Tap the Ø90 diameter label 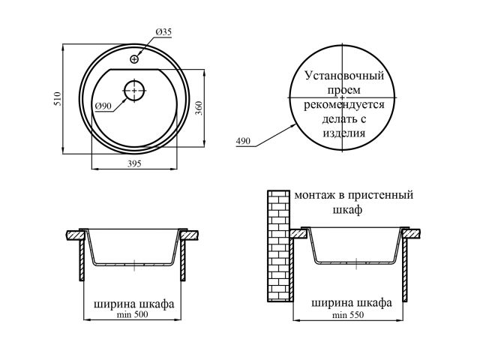(x=103, y=106)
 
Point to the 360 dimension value (x=198, y=108)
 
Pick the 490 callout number (x=243, y=141)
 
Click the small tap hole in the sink (x=134, y=58)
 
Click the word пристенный (x=384, y=195)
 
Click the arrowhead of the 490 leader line (x=294, y=121)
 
